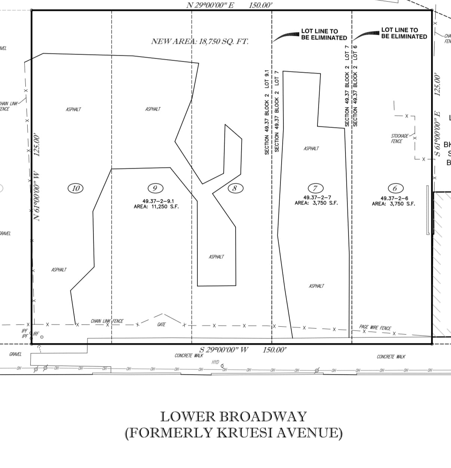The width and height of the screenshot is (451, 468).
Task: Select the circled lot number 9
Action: pos(155,188)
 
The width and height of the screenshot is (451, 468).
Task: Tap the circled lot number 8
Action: pos(235,188)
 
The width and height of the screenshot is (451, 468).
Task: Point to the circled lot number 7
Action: pos(316,188)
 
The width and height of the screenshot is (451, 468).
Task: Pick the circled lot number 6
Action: pos(395,188)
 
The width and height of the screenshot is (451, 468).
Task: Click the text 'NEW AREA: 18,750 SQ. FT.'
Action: pos(200,42)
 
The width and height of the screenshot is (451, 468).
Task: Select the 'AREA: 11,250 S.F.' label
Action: pos(156,206)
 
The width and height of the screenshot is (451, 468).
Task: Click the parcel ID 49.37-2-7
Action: pos(317,198)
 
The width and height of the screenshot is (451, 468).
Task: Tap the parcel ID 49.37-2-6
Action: pos(394,198)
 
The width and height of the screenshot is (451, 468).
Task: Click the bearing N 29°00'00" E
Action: pos(210,5)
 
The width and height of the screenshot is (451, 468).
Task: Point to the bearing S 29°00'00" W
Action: pos(224,350)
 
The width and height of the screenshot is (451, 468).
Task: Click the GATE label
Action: pos(161,325)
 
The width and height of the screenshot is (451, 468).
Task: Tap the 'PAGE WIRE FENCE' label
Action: pos(375,328)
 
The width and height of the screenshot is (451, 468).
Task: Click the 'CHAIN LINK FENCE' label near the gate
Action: pos(107,321)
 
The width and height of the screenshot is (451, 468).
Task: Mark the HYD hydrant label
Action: pos(215,362)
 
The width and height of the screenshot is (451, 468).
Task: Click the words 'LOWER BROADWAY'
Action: pos(234,417)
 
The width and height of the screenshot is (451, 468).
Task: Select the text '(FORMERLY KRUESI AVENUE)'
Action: pos(233,433)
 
